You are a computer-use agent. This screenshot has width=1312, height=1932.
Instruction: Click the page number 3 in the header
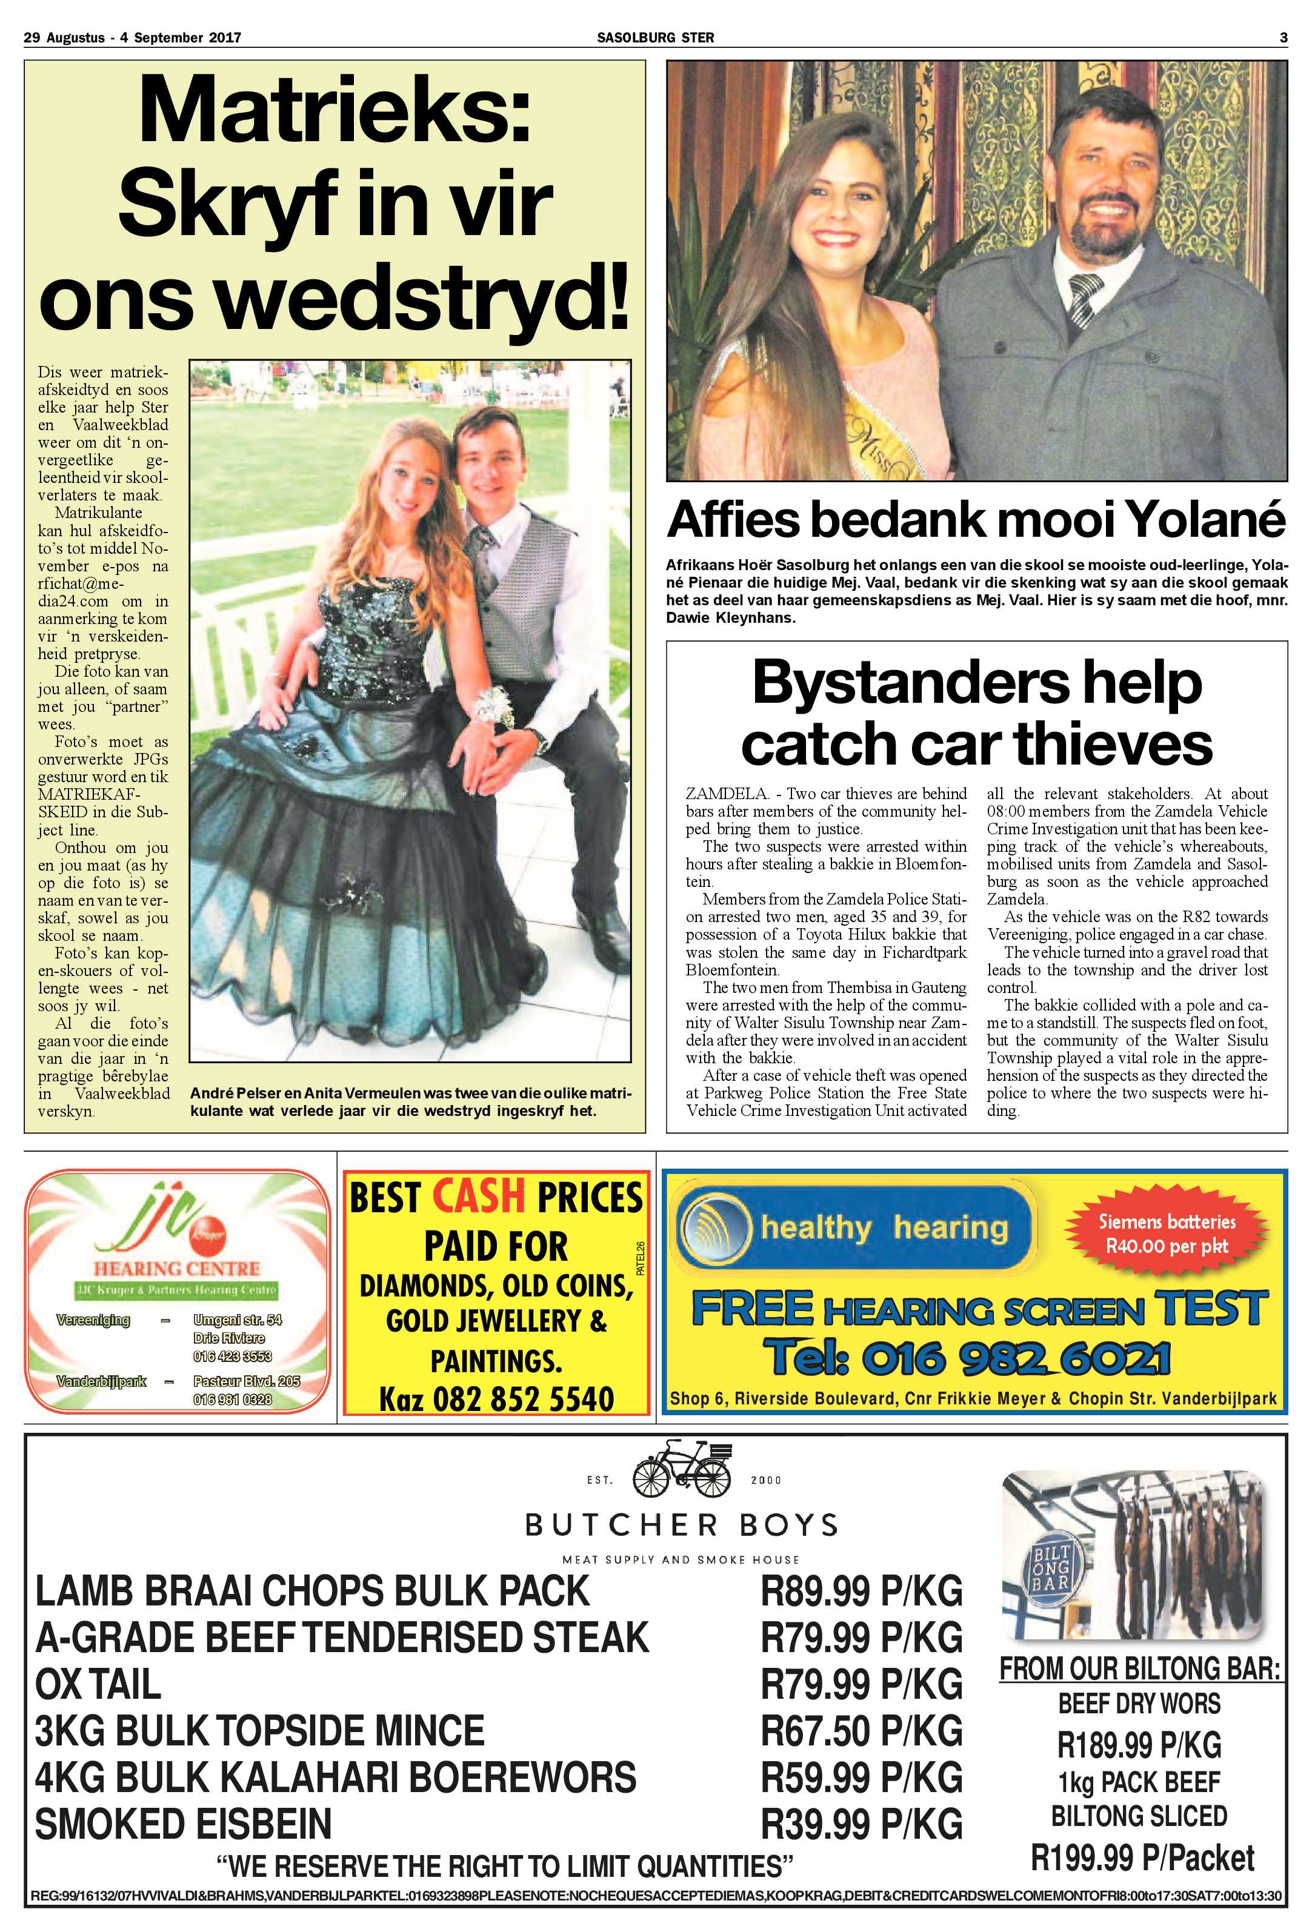(1283, 38)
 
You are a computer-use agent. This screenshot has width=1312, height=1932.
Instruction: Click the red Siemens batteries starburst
(1167, 1233)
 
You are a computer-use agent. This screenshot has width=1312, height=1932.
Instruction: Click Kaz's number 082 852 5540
(496, 1398)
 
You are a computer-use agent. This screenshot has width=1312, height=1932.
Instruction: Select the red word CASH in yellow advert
(479, 1197)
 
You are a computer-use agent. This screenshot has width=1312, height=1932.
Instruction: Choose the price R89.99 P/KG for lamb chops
(861, 1591)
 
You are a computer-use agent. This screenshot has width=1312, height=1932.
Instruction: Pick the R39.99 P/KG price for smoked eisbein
(861, 1824)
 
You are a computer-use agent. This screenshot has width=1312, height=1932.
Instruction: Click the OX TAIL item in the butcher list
(98, 1685)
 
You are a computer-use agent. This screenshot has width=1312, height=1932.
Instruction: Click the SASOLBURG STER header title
(655, 38)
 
